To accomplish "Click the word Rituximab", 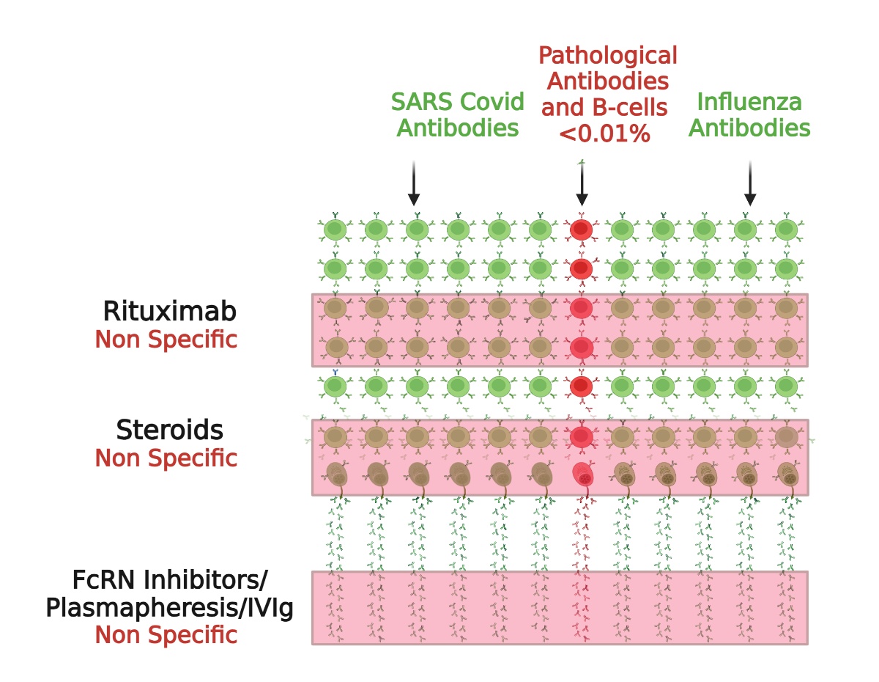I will (x=170, y=311).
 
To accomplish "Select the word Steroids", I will (x=168, y=430).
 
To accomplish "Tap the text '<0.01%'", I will (x=604, y=133).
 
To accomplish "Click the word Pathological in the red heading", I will (x=608, y=55).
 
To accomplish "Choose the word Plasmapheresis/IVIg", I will (x=170, y=608).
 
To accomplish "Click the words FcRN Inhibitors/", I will (x=170, y=581).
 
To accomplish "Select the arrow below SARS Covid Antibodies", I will (x=414, y=183).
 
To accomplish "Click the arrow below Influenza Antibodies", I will (x=750, y=183).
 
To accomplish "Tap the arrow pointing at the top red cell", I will (x=582, y=183).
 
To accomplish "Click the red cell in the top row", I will (x=581, y=230).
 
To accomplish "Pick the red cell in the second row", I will (x=581, y=268).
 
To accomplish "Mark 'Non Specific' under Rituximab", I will (x=166, y=340).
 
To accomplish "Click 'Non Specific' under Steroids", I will (x=166, y=458).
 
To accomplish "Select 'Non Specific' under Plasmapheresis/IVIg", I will (x=166, y=634).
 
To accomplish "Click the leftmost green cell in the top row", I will (x=335, y=230).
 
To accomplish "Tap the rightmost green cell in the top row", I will (x=786, y=230).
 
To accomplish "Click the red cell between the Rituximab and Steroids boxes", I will (x=581, y=385).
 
